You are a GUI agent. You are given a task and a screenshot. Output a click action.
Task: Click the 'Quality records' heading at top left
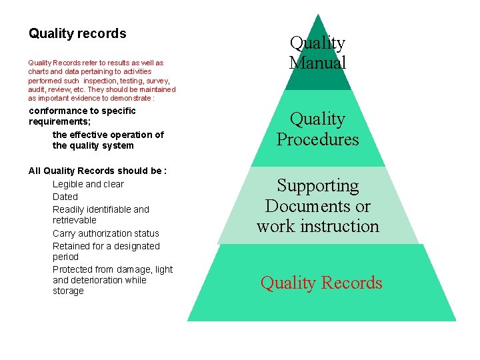[77, 33]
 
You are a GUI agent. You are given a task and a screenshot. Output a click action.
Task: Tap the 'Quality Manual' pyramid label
[317, 53]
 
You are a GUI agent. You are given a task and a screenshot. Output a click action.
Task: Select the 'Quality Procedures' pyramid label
[317, 129]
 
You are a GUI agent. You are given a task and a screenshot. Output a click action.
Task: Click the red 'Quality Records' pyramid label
[321, 283]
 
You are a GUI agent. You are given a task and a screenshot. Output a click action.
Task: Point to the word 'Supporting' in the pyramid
[317, 185]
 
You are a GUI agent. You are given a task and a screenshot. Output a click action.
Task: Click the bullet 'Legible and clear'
[88, 184]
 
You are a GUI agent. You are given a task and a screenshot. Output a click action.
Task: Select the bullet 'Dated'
[65, 197]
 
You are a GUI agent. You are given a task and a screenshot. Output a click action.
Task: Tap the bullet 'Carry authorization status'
[106, 233]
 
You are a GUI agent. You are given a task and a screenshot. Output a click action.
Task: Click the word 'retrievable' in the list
[75, 220]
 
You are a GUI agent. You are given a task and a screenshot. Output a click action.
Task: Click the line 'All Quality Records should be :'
[97, 171]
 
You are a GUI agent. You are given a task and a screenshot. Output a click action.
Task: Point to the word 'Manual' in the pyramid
[317, 63]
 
